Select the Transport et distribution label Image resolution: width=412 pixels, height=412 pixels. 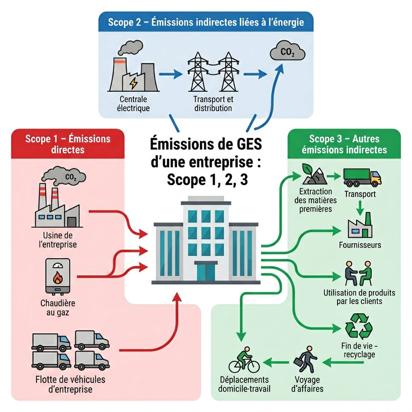click(213, 104)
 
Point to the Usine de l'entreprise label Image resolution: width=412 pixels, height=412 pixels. click(58, 240)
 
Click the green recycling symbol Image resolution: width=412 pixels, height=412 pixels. click(358, 326)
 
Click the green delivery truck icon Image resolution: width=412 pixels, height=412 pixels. click(362, 178)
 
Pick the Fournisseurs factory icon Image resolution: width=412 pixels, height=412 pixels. click(360, 226)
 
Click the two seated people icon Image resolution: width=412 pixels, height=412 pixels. click(358, 273)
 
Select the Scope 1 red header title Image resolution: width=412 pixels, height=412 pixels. click(68, 144)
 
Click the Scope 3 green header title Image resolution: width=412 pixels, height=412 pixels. click(344, 144)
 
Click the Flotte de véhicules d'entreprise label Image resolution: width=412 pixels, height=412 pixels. click(70, 384)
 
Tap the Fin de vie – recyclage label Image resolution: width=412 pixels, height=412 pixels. click(359, 350)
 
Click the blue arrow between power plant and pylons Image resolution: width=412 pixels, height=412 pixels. click(171, 74)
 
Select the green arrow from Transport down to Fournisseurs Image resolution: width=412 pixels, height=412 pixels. click(360, 208)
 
